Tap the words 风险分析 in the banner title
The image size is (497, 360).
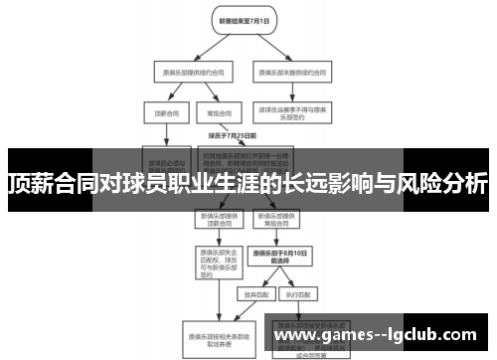446,184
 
